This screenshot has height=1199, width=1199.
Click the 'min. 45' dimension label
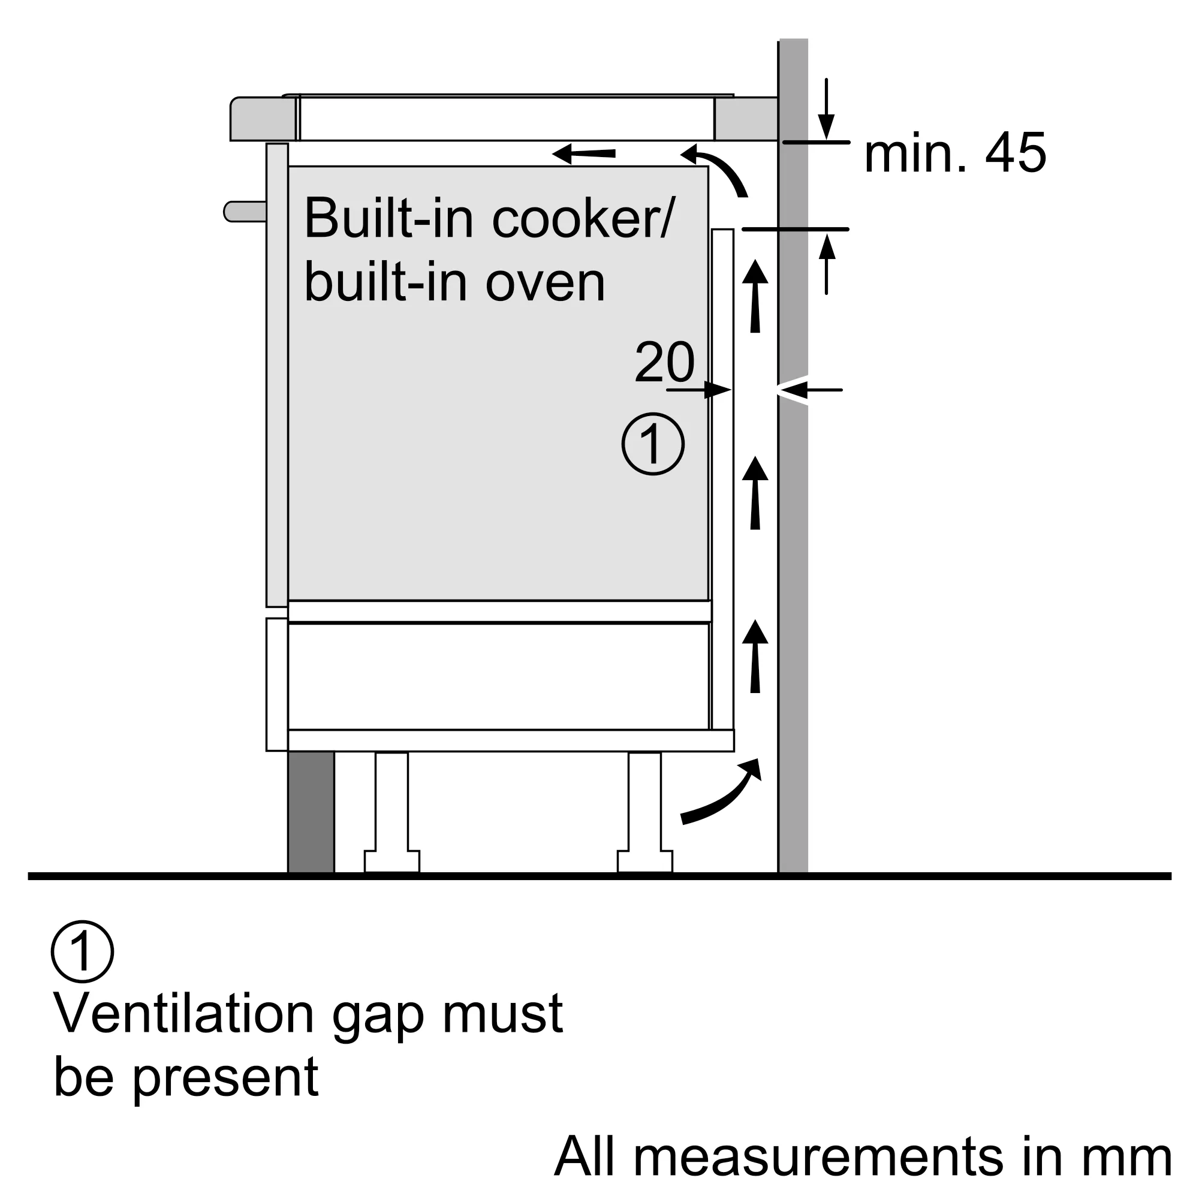click(954, 153)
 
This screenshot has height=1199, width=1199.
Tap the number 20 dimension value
click(664, 362)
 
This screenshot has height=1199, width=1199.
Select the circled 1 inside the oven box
click(653, 444)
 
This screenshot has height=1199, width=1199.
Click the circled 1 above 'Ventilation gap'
click(83, 951)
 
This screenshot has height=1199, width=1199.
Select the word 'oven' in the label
click(544, 283)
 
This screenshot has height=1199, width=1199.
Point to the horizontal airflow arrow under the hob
click(583, 153)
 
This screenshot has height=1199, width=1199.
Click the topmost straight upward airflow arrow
click(755, 297)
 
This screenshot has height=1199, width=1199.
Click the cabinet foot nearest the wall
click(644, 813)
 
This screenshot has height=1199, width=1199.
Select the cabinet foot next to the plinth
click(391, 813)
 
